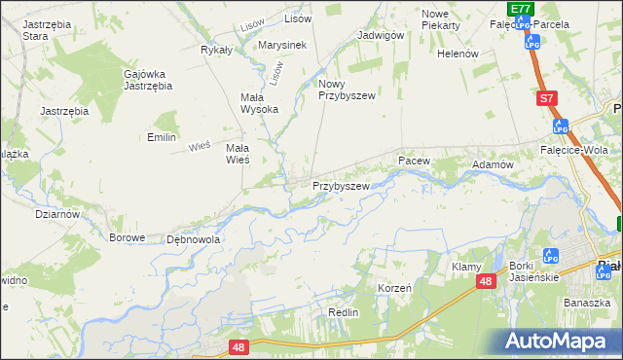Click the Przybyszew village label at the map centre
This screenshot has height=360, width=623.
[341, 185]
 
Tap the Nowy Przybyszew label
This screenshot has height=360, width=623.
[347, 90]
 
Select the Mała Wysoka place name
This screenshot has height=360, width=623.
[259, 102]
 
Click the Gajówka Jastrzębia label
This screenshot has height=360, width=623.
[148, 79]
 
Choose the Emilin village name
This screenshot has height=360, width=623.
[162, 137]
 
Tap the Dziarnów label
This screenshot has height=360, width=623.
[56, 213]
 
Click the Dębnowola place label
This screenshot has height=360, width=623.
[194, 238]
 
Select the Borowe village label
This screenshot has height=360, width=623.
[128, 237]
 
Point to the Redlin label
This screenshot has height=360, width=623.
[344, 312]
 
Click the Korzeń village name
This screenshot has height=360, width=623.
[394, 289]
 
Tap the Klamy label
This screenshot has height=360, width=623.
[467, 266]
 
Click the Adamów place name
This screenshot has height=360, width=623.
[493, 165]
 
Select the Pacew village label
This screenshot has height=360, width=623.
[413, 159]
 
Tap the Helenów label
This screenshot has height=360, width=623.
[458, 54]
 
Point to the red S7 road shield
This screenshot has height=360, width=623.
[548, 98]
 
